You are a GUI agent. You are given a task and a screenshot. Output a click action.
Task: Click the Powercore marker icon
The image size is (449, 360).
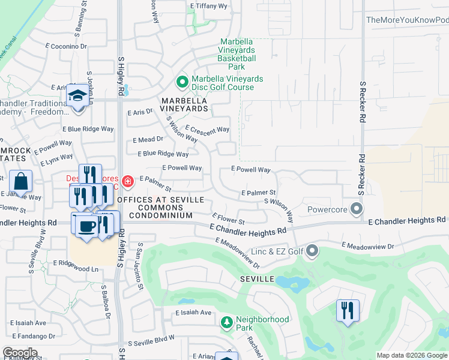click(357, 210)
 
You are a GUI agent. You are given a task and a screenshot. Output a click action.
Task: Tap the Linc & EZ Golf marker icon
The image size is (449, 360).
click(312, 250)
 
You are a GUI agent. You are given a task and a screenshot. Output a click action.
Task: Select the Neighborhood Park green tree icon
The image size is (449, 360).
click(227, 323)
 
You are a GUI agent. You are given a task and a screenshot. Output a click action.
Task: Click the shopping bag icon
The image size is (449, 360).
click(20, 181)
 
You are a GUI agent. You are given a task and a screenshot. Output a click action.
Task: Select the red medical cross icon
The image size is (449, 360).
click(127, 181)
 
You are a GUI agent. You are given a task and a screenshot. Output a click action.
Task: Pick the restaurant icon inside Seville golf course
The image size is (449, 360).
click(348, 310)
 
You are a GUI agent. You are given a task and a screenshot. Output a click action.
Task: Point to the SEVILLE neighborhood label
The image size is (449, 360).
click(258, 280)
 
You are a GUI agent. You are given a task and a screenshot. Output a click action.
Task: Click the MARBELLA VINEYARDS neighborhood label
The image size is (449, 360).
click(184, 104)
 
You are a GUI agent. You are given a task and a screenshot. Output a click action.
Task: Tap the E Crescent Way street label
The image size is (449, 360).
click(207, 129)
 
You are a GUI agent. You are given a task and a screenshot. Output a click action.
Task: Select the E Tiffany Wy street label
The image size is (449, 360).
click(208, 6)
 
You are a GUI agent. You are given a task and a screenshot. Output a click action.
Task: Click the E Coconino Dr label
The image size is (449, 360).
click(66, 46)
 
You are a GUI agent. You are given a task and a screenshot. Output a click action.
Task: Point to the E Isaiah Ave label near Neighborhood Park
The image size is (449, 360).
click(194, 313)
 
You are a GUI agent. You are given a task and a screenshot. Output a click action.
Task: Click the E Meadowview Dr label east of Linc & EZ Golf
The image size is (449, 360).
click(367, 245)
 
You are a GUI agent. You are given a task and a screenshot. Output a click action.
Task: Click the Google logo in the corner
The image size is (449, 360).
click(20, 352)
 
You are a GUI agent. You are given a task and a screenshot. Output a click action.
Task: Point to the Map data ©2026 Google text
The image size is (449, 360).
click(411, 355)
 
